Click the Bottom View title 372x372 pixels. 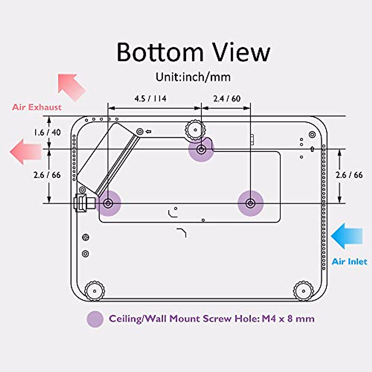(193, 52)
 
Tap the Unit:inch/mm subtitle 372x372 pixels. (193, 77)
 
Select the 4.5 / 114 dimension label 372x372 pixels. (150, 99)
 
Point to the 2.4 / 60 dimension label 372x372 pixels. (227, 99)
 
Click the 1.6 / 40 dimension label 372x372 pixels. (47, 132)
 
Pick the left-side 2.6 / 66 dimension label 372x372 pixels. (47, 175)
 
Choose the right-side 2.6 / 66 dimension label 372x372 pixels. (349, 175)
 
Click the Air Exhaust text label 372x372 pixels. (37, 107)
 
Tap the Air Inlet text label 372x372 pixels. (349, 261)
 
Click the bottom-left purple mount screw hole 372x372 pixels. (108, 203)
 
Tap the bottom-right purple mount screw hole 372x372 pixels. (250, 203)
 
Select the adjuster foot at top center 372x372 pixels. (195, 129)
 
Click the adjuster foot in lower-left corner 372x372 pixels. (95, 291)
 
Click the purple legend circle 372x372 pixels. (95, 319)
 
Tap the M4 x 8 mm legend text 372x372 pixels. (288, 319)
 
